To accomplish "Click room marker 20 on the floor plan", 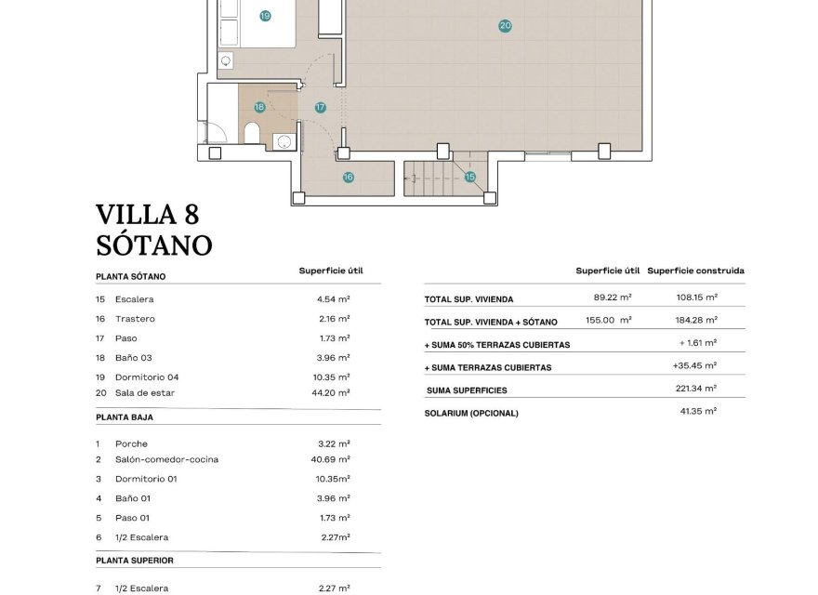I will [505, 26].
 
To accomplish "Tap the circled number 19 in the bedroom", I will [265, 16].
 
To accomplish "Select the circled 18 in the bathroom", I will [259, 107].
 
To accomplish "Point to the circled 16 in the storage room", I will [348, 177].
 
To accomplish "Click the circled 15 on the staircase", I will [469, 177].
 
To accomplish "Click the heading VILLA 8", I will [147, 215].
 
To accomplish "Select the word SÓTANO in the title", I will [153, 245].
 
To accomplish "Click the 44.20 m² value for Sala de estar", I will [333, 392].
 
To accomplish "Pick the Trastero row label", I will [135, 319].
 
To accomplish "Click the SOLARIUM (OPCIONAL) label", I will [471, 413].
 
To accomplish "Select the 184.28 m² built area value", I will [696, 321].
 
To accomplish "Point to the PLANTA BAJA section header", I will [125, 417].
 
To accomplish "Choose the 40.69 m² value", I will [333, 459].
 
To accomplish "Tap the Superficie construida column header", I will [695, 271].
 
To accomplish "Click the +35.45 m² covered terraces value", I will [694, 366].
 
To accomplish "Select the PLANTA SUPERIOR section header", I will [135, 561].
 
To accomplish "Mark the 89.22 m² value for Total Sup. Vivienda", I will [613, 297].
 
